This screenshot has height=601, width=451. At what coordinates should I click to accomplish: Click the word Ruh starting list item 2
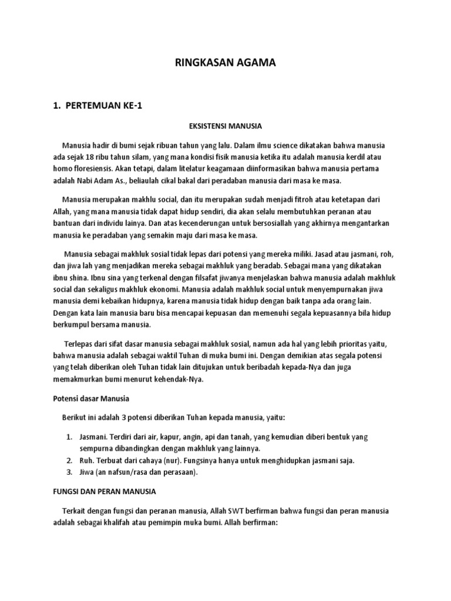pos(87,460)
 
